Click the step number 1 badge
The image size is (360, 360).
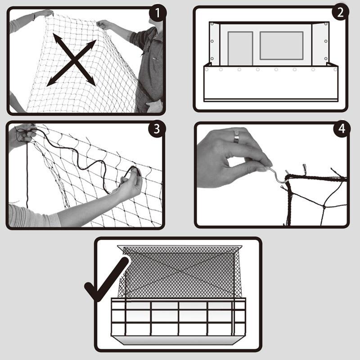click(x=157, y=14)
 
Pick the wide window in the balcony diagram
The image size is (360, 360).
click(x=281, y=45)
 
